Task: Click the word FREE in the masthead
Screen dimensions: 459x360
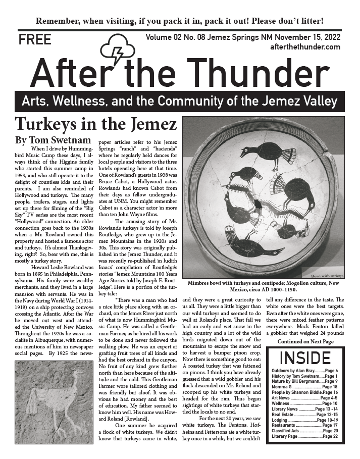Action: click(35, 40)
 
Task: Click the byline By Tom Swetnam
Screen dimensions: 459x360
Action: click(48, 139)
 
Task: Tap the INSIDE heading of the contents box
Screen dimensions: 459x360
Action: click(305, 358)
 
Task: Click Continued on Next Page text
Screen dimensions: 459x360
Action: click(305, 342)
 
